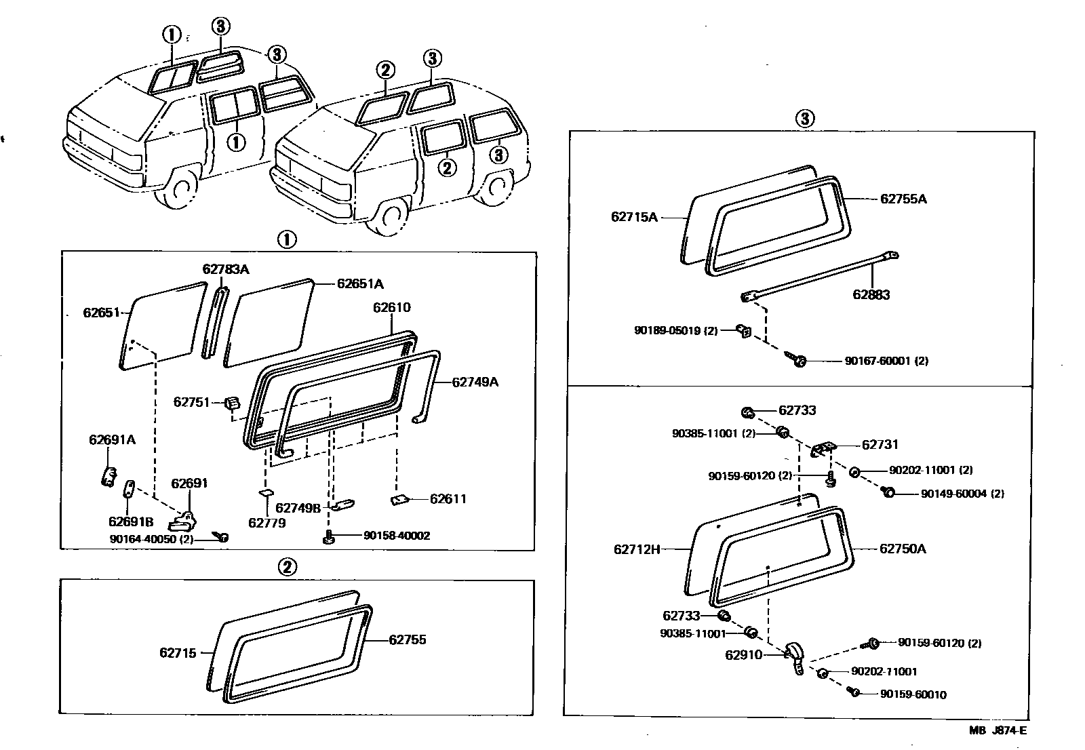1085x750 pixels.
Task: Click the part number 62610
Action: (391, 308)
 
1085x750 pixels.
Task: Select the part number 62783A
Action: (226, 269)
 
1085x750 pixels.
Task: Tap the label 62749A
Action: (475, 382)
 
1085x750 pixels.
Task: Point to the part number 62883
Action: (871, 295)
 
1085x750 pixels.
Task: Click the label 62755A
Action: (903, 199)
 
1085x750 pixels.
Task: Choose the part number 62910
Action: (743, 655)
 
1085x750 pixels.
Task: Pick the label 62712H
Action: (637, 549)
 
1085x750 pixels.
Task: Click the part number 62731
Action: (880, 445)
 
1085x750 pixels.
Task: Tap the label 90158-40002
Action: (397, 536)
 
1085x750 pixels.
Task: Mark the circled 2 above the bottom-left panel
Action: (288, 567)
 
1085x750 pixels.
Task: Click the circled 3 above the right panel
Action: (804, 119)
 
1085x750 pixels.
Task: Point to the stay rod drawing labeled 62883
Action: (821, 275)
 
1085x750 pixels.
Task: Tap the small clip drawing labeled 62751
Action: (231, 403)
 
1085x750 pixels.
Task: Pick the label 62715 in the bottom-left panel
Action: (178, 653)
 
